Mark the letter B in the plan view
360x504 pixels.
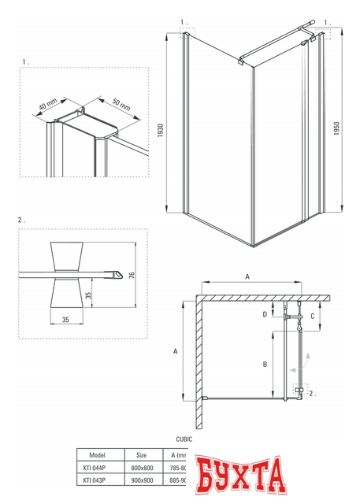[265, 365]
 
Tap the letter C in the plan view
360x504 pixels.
[313, 316]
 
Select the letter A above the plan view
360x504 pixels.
[247, 277]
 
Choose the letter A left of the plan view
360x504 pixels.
[175, 352]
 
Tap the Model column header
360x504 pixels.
[98, 455]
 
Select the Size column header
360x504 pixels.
[142, 455]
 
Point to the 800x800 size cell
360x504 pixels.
[142, 468]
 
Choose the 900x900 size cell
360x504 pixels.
[142, 480]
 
